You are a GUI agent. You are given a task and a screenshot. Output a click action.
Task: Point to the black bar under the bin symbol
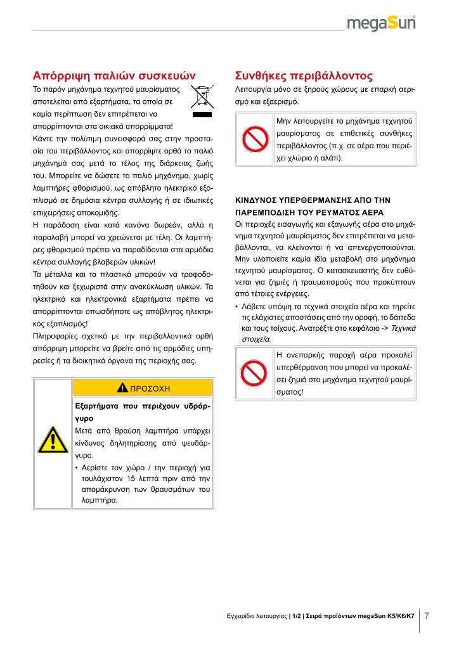pyautogui.click(x=202, y=117)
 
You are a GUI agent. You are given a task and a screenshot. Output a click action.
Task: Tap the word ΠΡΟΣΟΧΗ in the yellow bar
pyautogui.click(x=150, y=387)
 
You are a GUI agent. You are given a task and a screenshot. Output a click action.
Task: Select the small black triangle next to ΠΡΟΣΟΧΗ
pyautogui.click(x=122, y=387)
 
